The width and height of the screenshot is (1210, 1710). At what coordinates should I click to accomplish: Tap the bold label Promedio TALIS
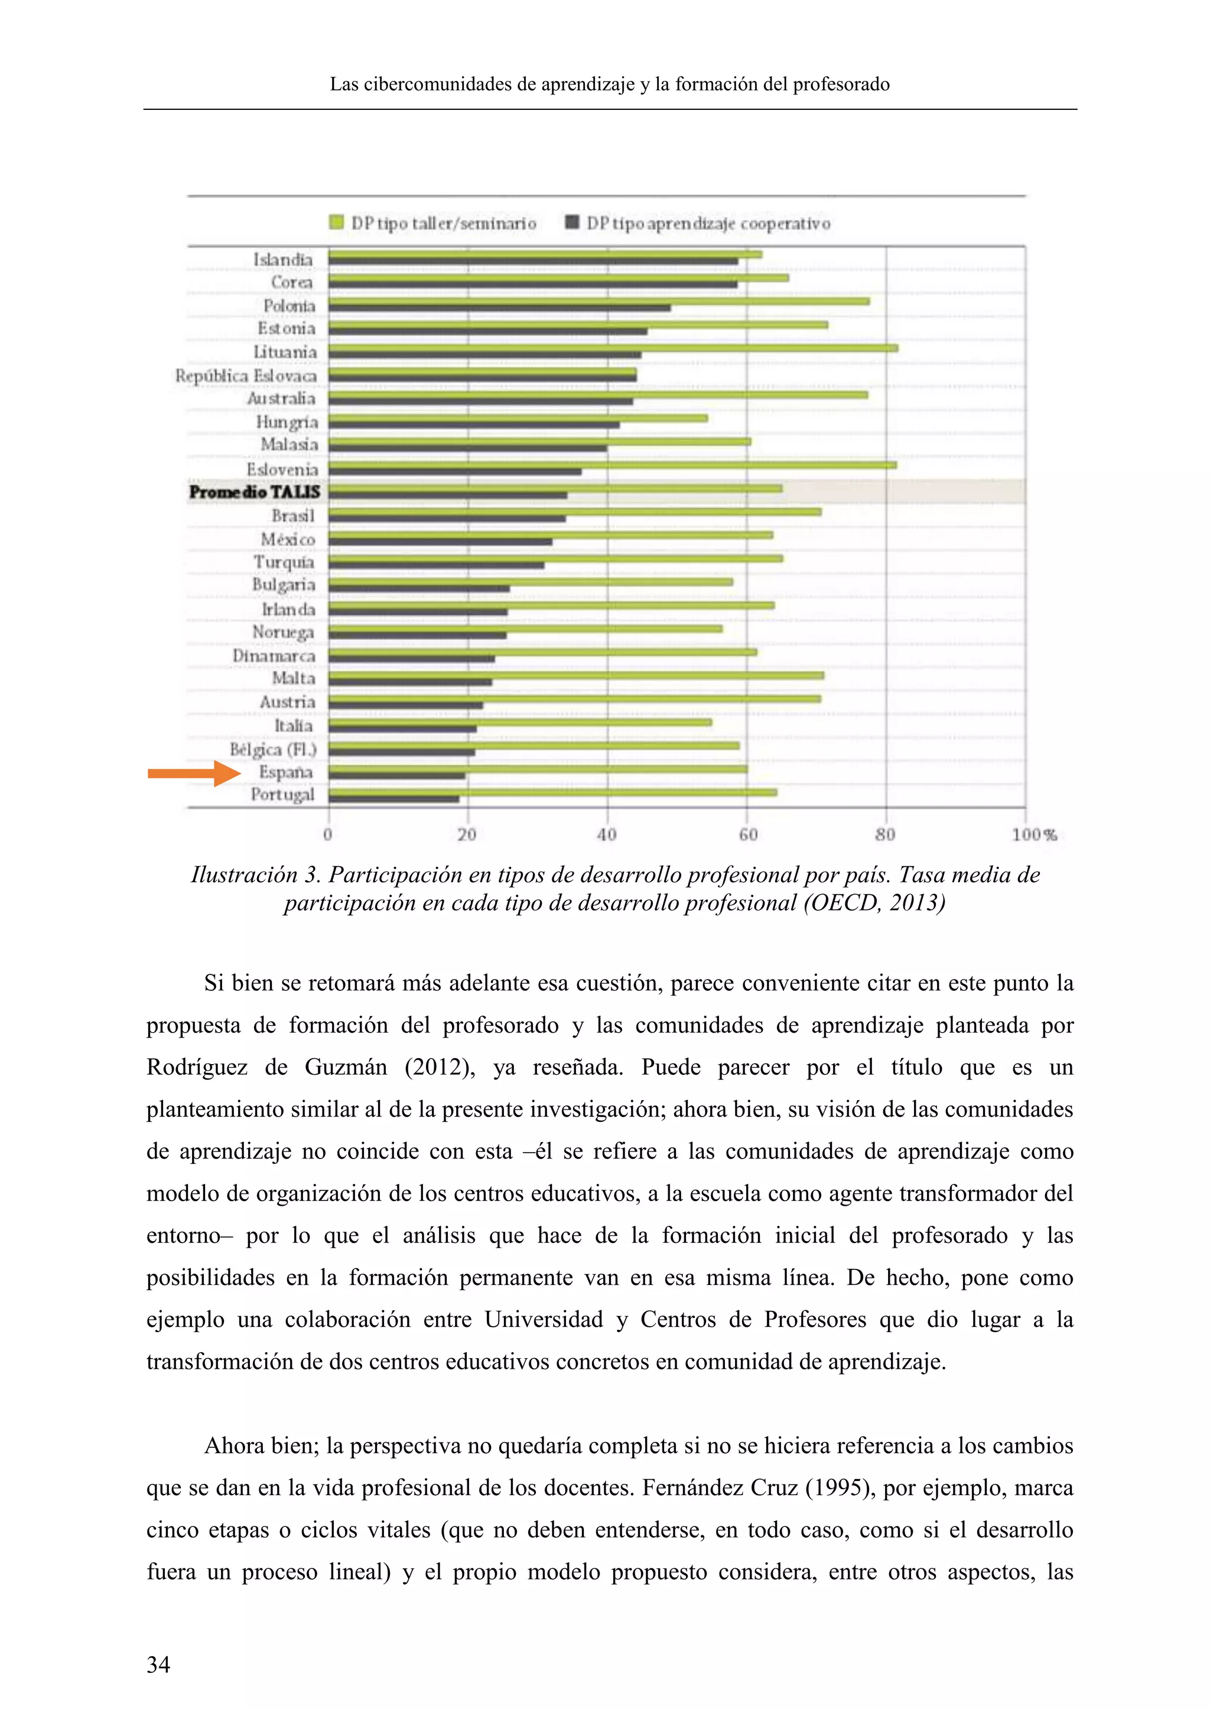click(255, 492)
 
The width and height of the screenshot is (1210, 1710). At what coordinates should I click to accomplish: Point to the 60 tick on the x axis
click(748, 835)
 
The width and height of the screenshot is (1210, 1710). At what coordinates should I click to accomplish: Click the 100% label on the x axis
click(1034, 835)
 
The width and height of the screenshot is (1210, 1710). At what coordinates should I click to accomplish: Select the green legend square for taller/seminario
click(337, 223)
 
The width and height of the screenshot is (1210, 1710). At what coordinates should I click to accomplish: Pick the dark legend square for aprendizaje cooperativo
click(573, 223)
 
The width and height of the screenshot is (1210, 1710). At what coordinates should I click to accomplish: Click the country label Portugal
click(282, 795)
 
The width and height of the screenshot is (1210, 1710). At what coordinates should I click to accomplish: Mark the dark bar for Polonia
click(499, 308)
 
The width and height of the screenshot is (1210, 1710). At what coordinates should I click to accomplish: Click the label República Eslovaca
click(246, 376)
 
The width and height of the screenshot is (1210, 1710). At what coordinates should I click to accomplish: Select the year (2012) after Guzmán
click(440, 1067)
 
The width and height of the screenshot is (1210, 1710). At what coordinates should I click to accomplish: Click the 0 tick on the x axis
click(328, 835)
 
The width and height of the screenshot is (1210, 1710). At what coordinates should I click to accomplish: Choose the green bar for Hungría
click(518, 418)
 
